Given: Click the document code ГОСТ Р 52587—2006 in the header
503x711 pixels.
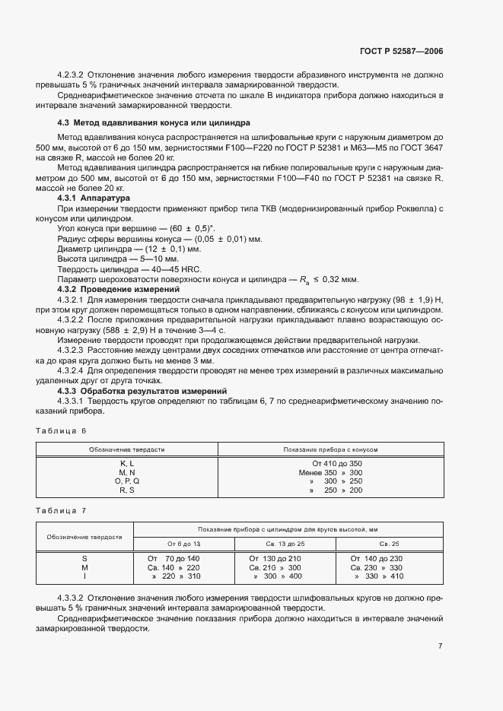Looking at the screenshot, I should point(402,52).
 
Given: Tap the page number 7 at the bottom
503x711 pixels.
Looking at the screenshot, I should point(441,646).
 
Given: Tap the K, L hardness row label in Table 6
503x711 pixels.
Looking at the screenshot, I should point(126,463).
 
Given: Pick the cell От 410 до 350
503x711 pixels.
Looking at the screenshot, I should point(337,463).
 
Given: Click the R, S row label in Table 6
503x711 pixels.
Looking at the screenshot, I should point(126,490).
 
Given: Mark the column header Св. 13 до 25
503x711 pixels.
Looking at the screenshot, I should point(285,544).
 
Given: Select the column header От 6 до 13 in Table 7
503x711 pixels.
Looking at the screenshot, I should point(184,544).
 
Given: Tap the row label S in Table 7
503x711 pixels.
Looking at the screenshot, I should point(85,558).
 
